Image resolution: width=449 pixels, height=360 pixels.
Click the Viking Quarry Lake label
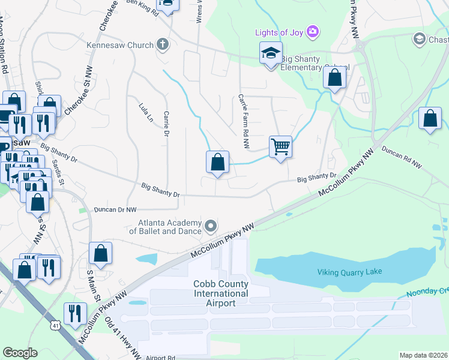coord(349,272)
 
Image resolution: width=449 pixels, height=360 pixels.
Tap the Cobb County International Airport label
coord(220,293)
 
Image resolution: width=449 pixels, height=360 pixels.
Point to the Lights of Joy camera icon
coord(312,31)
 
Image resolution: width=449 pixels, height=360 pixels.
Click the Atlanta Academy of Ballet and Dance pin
coord(210,226)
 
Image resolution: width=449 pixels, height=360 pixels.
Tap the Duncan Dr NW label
coord(115,210)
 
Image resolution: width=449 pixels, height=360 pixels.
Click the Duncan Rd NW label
coord(401,157)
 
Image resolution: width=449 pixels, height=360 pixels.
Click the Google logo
coord(20,353)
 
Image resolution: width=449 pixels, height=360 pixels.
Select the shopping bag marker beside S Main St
coord(100,254)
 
